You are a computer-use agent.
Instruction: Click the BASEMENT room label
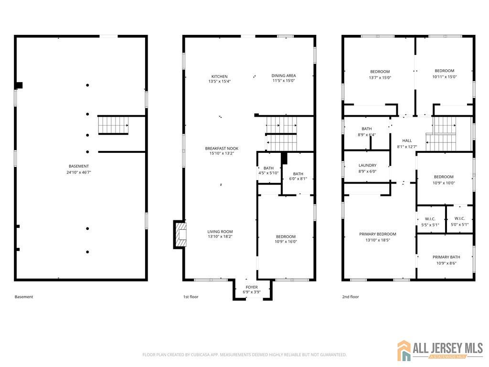click(x=79, y=166)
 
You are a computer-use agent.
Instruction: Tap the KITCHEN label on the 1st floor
click(x=220, y=76)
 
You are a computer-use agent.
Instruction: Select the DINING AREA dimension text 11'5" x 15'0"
click(x=284, y=80)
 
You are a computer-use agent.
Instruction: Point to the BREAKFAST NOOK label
click(x=222, y=149)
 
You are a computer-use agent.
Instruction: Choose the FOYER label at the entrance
click(x=252, y=287)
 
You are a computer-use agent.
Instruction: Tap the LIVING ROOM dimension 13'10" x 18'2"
click(x=220, y=237)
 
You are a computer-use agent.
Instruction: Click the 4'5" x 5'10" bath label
click(x=268, y=173)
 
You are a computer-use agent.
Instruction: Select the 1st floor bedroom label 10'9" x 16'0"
click(x=286, y=241)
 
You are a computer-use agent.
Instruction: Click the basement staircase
click(x=113, y=125)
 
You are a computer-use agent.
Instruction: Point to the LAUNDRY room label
click(x=367, y=165)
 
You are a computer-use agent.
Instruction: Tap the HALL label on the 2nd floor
click(x=407, y=141)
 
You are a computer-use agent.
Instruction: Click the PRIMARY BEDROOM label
click(x=378, y=234)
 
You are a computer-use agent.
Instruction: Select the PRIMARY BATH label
click(x=446, y=257)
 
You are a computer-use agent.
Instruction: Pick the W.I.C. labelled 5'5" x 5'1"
click(x=430, y=222)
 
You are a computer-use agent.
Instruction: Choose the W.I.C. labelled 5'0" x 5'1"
click(x=460, y=222)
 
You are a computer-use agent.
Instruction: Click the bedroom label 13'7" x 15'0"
click(x=380, y=75)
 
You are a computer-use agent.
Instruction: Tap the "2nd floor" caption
click(x=351, y=297)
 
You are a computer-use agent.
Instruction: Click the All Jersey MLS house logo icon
click(x=404, y=350)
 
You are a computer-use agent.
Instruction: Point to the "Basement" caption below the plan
click(x=24, y=297)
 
